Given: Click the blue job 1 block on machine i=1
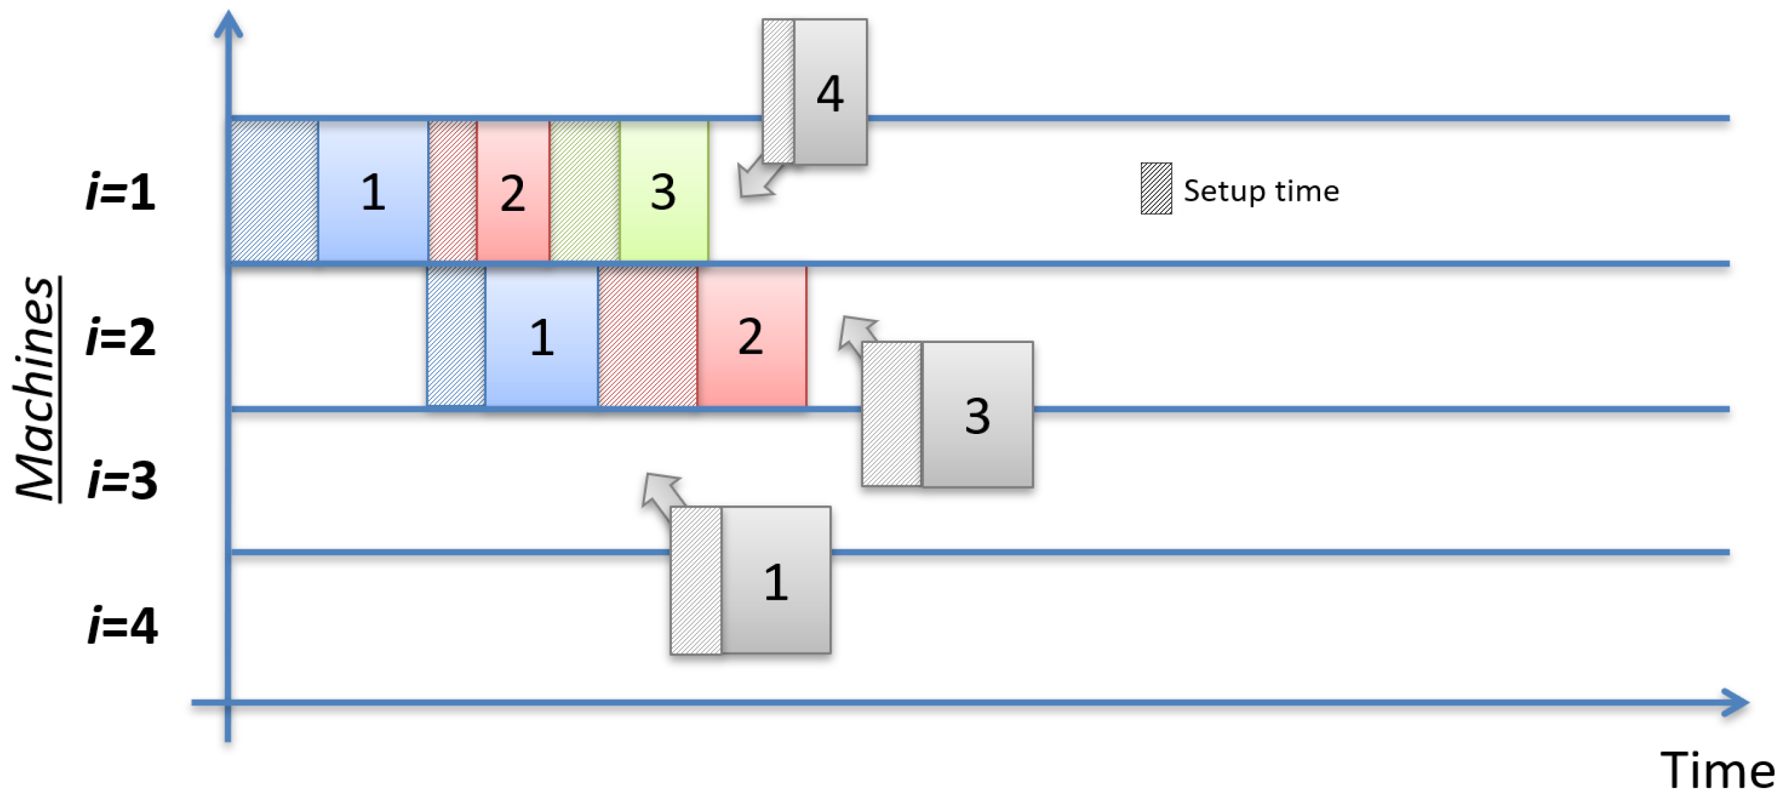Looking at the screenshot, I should (x=373, y=191).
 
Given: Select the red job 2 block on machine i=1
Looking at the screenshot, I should (x=513, y=191).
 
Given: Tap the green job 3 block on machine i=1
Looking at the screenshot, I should (x=663, y=191).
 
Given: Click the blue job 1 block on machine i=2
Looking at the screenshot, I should (x=541, y=337).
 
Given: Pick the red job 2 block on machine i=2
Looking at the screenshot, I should (x=751, y=337).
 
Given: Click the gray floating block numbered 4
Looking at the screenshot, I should (x=829, y=92).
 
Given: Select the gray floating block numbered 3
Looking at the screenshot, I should (x=977, y=414).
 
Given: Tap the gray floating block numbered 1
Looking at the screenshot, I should (x=776, y=580).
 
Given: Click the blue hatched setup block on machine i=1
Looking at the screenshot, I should (x=274, y=191).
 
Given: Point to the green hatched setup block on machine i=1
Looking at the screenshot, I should (x=585, y=191).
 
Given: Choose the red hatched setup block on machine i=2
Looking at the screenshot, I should (x=647, y=337).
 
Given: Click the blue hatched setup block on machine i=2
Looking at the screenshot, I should (x=456, y=337).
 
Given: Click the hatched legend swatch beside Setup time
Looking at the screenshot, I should (x=1156, y=189).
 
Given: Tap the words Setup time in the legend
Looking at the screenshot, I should (x=1261, y=191).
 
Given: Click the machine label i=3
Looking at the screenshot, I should (x=122, y=480).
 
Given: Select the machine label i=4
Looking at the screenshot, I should (x=122, y=625).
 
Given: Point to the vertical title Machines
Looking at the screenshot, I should (x=36, y=388).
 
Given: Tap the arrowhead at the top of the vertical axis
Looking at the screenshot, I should (x=228, y=24).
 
